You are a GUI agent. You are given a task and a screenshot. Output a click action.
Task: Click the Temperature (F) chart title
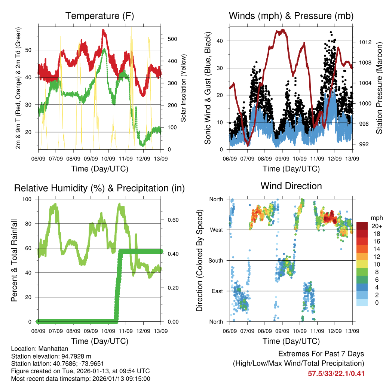point(99,16)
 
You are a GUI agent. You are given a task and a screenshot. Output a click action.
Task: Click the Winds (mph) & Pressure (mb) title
point(291,16)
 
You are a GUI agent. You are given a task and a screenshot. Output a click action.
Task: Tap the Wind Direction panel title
point(291,186)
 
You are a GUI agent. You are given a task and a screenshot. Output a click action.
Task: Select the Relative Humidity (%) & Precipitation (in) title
point(99,188)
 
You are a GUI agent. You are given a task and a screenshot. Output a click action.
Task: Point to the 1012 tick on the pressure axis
point(364,42)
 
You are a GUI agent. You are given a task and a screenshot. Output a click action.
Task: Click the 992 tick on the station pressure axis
point(363,144)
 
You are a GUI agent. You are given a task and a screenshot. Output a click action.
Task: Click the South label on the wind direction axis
point(216,260)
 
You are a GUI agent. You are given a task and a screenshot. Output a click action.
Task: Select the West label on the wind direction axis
point(217,230)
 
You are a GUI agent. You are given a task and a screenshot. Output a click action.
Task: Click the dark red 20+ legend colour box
point(362,226)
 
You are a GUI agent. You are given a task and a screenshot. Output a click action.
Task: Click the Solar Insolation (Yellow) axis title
point(183,88)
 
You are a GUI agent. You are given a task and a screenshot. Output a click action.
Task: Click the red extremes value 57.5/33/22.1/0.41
point(336,373)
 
